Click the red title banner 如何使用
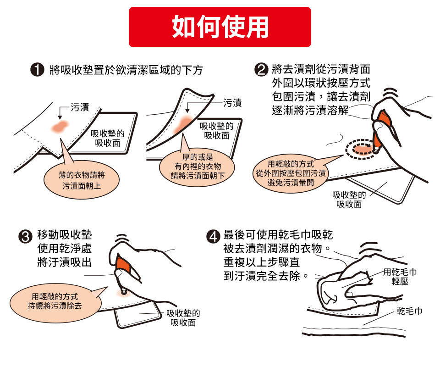(x=220, y=27)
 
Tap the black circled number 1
(x=36, y=71)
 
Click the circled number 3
(x=25, y=237)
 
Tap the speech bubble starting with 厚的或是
(x=198, y=166)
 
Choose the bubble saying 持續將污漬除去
(x=54, y=300)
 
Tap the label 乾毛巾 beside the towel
(x=409, y=312)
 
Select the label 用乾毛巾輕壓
(x=400, y=276)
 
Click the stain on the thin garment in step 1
(x=60, y=127)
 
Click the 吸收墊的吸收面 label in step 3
(x=183, y=318)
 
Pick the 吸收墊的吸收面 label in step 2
(x=349, y=199)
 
